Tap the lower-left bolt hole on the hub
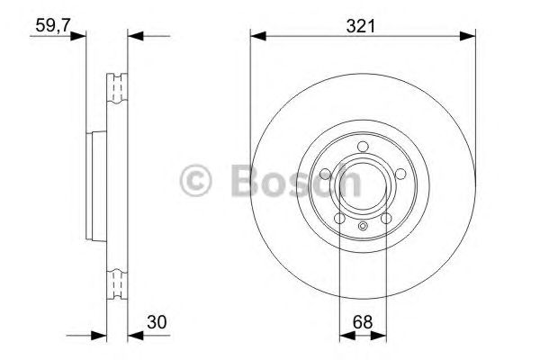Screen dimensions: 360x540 (x=340, y=218)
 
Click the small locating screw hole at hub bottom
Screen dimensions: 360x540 (x=362, y=226)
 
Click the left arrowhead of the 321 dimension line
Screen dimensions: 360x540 (x=256, y=36)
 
